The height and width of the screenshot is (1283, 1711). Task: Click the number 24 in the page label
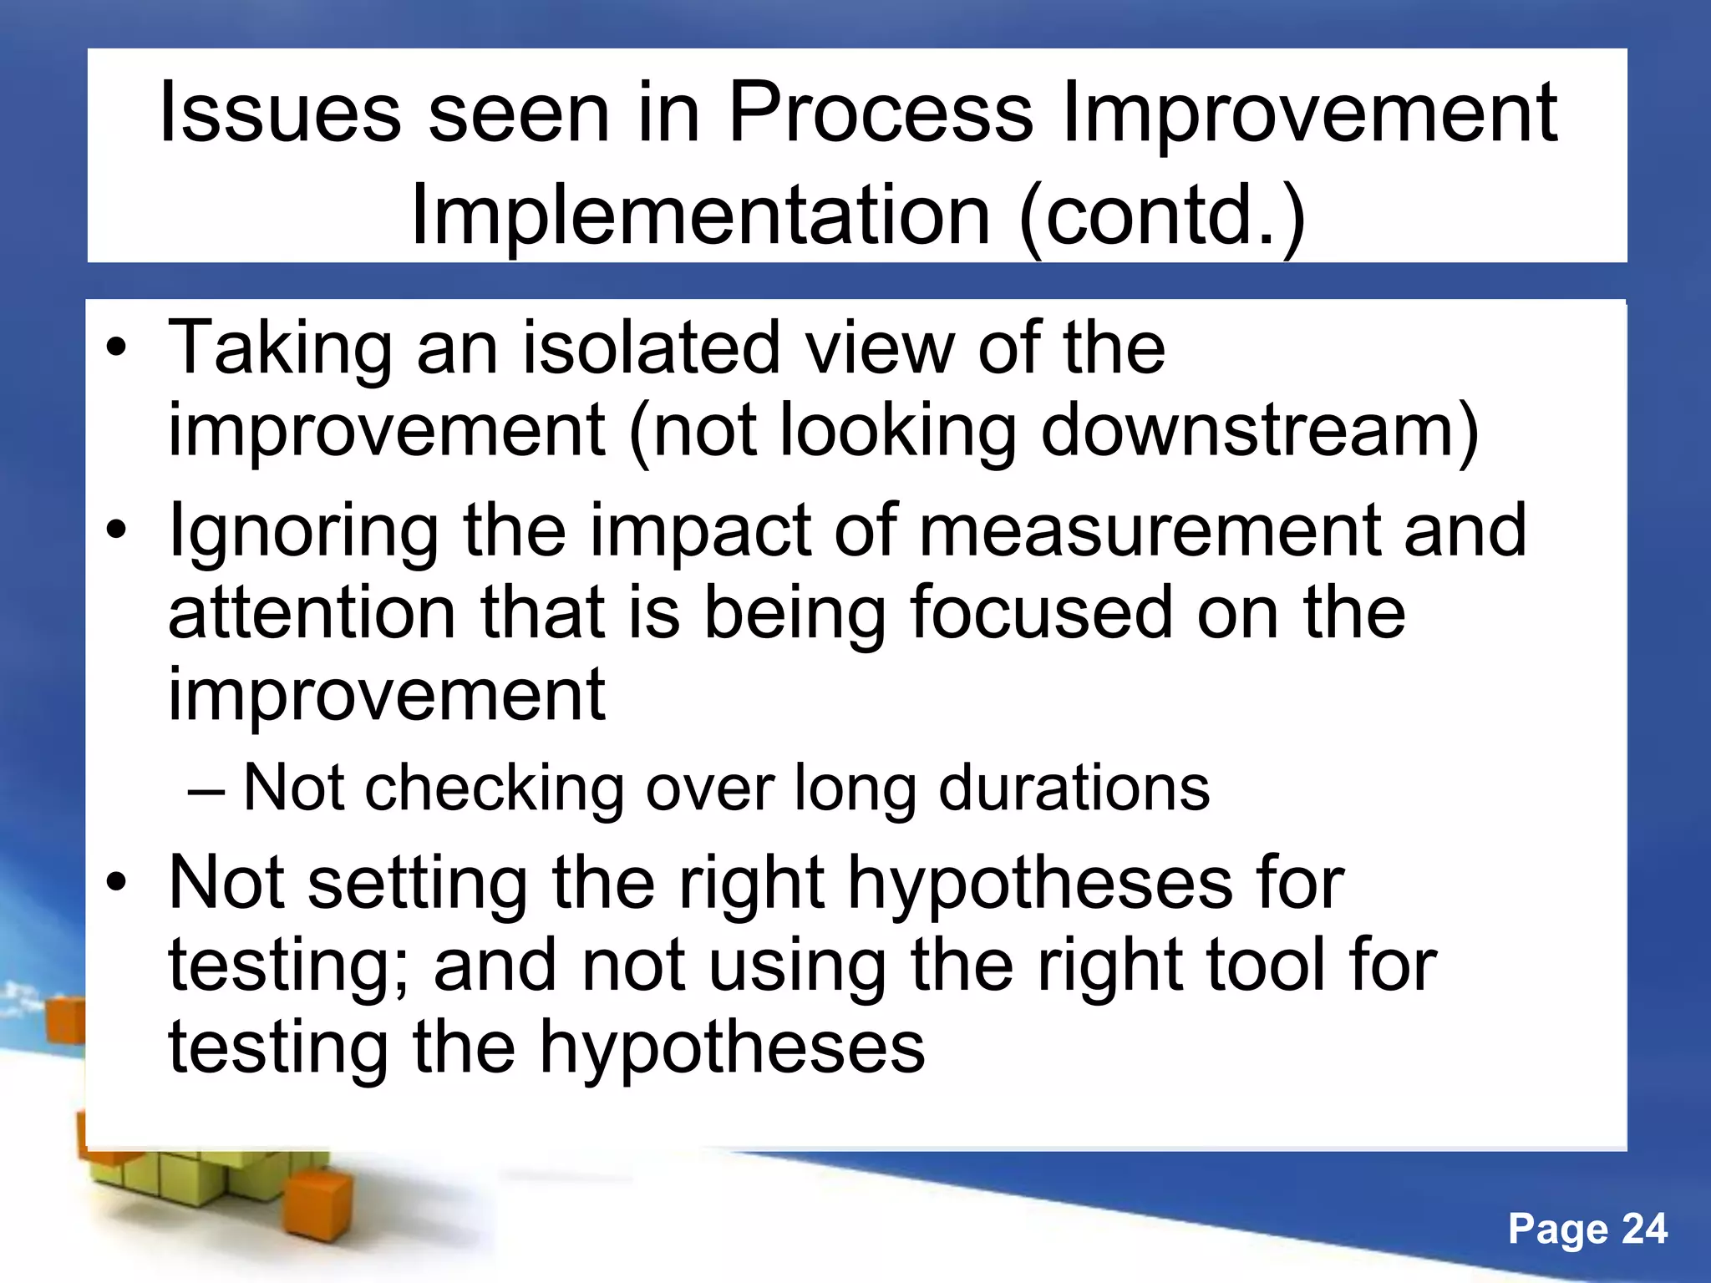tap(1644, 1229)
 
